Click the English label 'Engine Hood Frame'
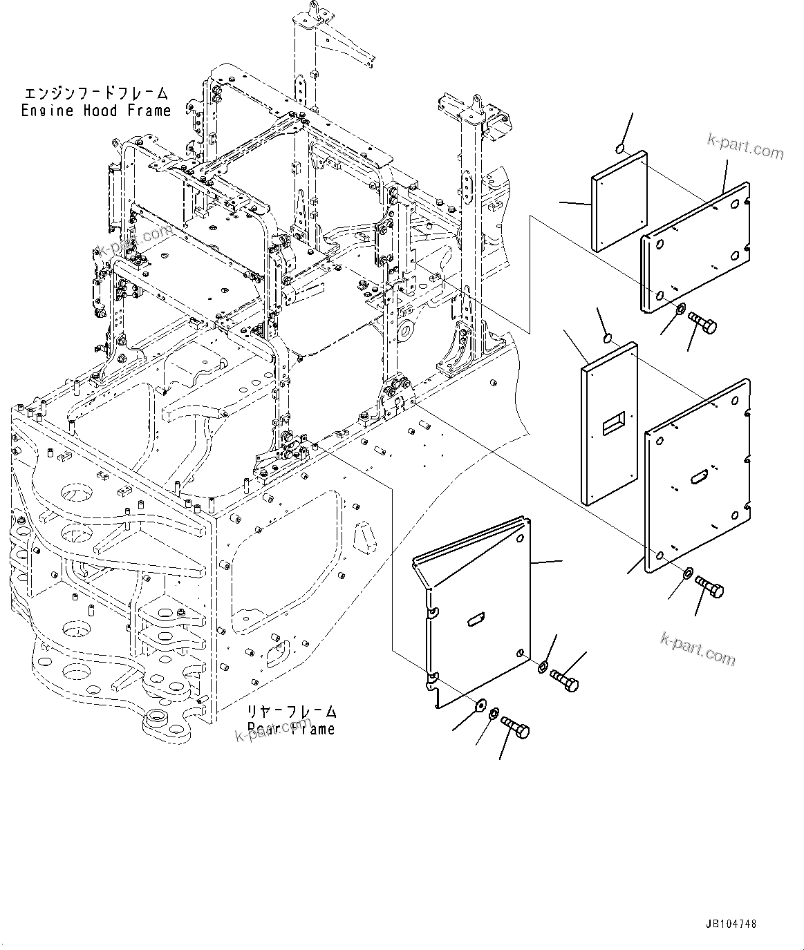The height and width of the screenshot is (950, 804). (x=95, y=111)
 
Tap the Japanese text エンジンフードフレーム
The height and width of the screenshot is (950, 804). (x=95, y=93)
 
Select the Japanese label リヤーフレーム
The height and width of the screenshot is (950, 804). (x=292, y=712)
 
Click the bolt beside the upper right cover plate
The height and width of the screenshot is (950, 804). (x=702, y=321)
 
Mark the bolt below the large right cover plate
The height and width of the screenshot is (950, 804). (x=709, y=587)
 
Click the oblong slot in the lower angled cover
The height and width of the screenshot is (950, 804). (x=478, y=620)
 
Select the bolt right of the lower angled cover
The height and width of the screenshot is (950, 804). (x=565, y=682)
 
